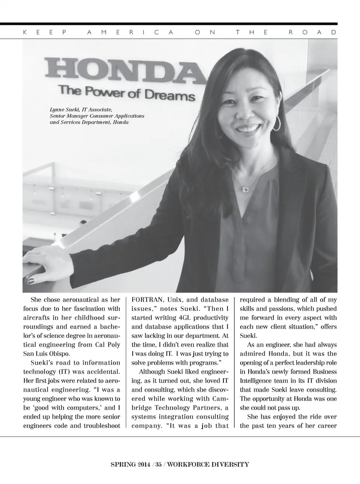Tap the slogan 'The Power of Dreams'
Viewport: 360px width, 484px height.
126,92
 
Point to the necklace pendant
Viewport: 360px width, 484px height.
246,189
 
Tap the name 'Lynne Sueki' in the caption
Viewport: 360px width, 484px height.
64,110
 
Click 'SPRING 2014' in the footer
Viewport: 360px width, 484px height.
130,464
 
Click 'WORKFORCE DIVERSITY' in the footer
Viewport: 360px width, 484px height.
208,464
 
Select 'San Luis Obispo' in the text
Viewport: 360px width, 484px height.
46,354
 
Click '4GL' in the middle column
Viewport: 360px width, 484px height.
186,318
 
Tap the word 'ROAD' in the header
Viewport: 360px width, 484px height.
313,32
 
